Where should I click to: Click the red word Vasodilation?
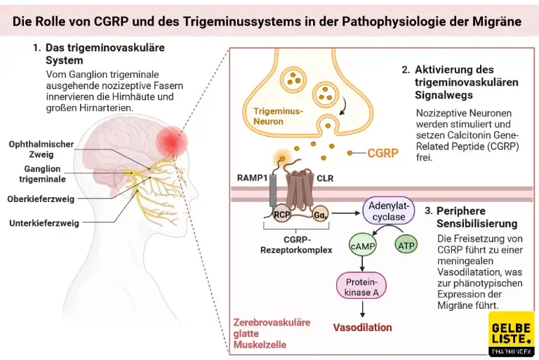pos(362,327)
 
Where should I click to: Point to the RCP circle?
pos(283,215)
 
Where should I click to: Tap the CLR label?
pos(325,178)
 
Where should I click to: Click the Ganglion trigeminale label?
pos(40,174)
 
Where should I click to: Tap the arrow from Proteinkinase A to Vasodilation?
pos(362,309)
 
